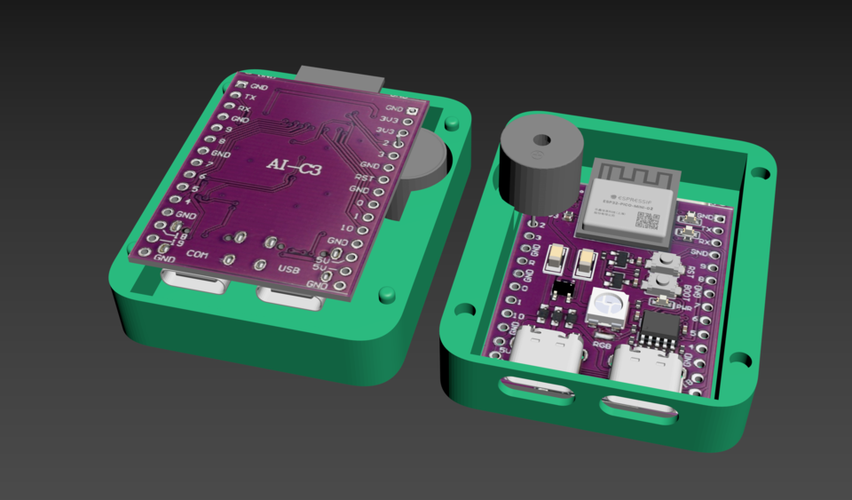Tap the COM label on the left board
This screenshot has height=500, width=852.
coord(197,255)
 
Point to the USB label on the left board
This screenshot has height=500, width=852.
coord(290,268)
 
